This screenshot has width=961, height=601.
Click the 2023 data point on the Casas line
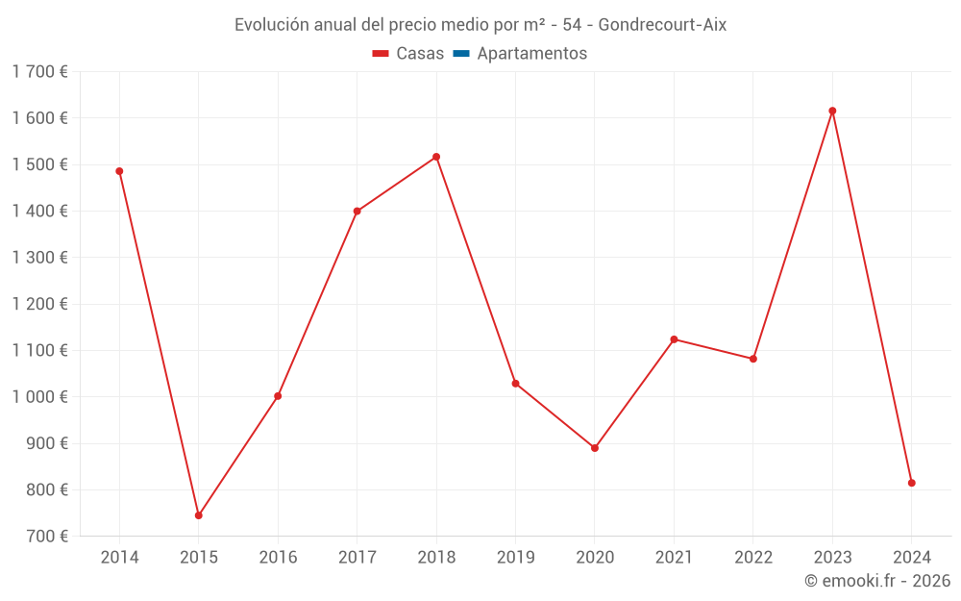[x=832, y=111]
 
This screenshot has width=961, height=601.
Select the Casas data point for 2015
[x=199, y=515]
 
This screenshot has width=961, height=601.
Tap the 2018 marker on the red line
[x=436, y=157]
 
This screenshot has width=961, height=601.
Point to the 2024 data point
[x=911, y=483]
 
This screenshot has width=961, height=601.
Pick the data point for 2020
[x=595, y=448]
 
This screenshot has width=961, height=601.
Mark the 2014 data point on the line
[x=119, y=171]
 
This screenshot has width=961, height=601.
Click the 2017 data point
[x=357, y=212]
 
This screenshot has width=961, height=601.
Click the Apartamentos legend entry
[x=531, y=54]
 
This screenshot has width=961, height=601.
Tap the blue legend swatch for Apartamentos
[x=460, y=54]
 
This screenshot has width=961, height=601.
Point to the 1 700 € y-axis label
[x=40, y=71]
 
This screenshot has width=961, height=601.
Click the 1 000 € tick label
[x=40, y=397]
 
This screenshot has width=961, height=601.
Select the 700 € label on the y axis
[x=46, y=537]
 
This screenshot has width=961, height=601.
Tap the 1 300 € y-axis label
[x=40, y=258]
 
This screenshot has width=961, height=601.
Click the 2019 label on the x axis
[x=515, y=558]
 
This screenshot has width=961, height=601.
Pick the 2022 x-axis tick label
[x=752, y=558]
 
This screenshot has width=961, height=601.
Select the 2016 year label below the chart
[x=278, y=558]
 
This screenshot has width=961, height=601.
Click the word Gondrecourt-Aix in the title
[x=662, y=25]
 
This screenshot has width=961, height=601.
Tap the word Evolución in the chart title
[x=272, y=25]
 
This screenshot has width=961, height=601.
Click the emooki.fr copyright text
[x=877, y=581]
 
